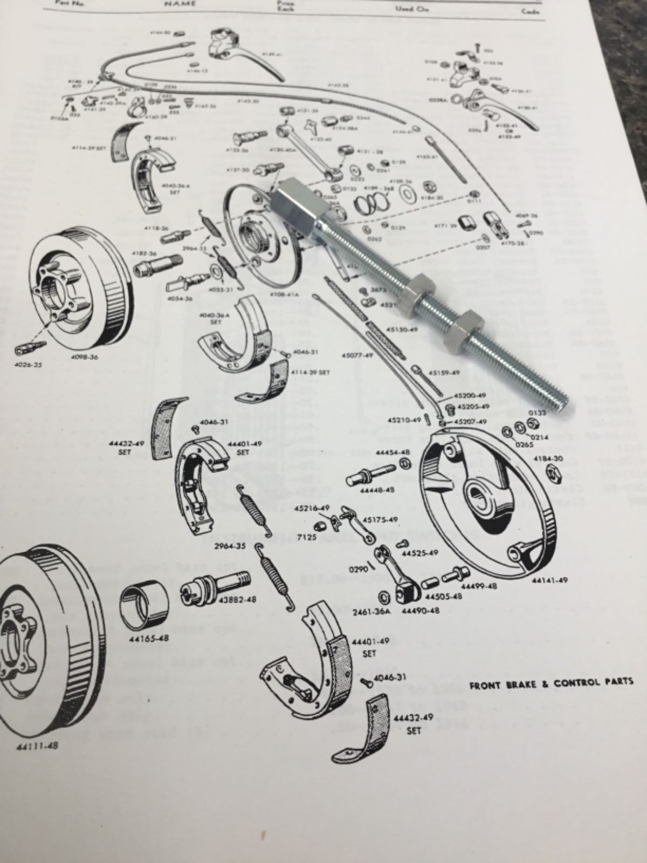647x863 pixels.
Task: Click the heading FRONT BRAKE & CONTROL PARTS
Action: pos(551,682)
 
